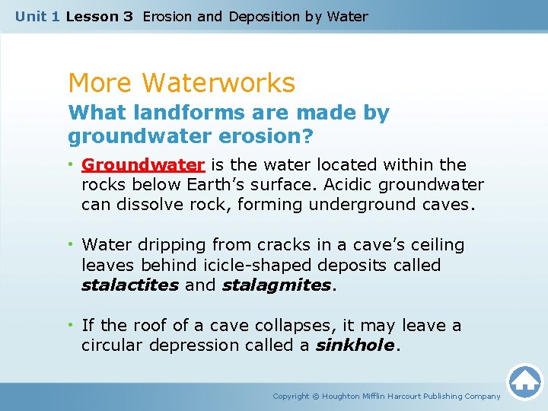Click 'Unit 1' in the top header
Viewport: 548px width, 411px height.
[37, 16]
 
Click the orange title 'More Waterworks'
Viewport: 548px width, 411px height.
[181, 82]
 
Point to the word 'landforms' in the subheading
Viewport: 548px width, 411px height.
[174, 113]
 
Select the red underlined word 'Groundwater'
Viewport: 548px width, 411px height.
[143, 164]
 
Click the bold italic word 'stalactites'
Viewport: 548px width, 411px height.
[130, 285]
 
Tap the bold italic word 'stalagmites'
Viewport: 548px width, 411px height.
[277, 285]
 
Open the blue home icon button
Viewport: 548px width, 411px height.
[524, 382]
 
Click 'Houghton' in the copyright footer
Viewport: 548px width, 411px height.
[347, 397]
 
